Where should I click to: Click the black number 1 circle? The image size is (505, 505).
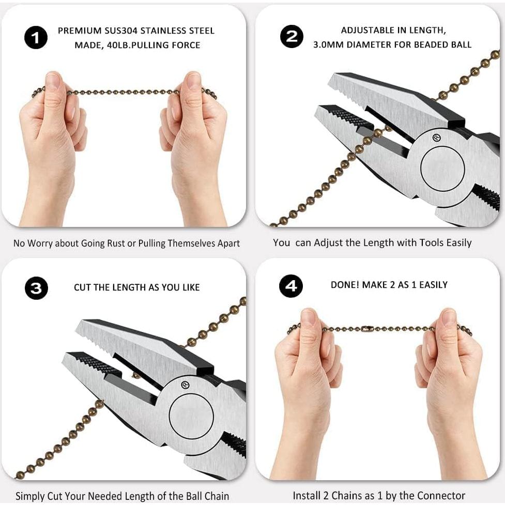(36, 38)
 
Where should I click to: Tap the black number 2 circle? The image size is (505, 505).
(292, 37)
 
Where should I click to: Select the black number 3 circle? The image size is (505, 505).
(36, 288)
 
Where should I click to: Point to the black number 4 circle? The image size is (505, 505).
(291, 286)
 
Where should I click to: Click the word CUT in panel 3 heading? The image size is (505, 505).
(83, 287)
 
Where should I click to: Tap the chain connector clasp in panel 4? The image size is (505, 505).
(368, 328)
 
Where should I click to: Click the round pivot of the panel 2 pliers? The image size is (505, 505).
(442, 169)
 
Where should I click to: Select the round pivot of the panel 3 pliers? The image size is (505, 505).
(191, 416)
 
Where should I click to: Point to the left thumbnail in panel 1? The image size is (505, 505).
(53, 81)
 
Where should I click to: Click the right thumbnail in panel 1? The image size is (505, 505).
(193, 81)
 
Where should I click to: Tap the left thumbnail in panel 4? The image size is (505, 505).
(308, 317)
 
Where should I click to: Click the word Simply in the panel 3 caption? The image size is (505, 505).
(31, 496)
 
